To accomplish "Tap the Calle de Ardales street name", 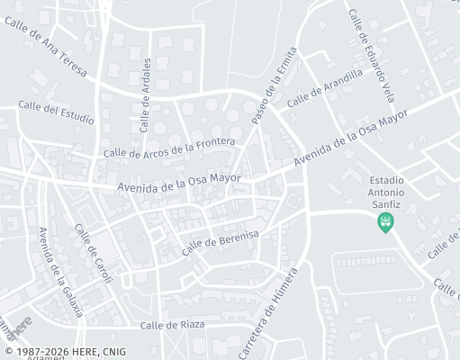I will coord(146,97).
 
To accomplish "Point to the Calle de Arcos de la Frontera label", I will coord(169,148).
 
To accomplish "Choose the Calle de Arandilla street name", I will coord(324,90).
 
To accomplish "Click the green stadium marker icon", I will coord(387,221).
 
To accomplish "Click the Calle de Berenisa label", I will coord(220,241).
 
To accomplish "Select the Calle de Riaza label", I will coord(172,324).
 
